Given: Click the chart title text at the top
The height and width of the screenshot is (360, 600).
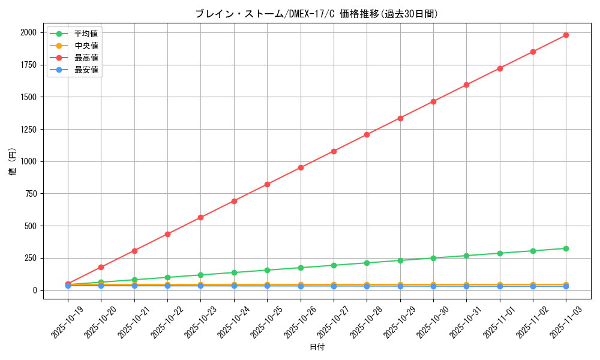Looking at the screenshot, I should click(316, 14).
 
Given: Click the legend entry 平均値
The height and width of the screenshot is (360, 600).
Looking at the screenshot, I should click(86, 34).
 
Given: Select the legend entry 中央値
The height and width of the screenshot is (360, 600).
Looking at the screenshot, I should click(86, 46).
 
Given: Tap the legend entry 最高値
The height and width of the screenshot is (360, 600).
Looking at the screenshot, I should click(86, 58).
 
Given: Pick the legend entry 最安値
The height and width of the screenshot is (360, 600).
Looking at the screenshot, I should click(86, 70).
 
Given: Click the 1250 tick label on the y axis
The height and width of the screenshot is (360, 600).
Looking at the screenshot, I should click(28, 130).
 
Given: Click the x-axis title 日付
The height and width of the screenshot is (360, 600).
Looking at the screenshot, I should click(316, 347).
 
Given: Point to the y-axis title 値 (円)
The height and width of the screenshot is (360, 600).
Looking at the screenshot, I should click(13, 162).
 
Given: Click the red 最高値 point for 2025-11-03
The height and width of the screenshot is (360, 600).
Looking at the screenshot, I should click(566, 35).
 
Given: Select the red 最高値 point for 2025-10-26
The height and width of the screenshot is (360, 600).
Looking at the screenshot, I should click(301, 167).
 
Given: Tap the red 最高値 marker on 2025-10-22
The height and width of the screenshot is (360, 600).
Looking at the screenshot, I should click(167, 234).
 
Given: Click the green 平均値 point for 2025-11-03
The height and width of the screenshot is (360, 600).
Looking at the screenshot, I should click(566, 248).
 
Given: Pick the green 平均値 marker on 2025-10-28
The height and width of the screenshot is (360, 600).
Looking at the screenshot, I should click(367, 263).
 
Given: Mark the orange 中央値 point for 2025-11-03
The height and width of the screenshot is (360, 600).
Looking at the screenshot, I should click(566, 284).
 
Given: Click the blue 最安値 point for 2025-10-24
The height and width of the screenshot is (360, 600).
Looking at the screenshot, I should click(234, 286).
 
